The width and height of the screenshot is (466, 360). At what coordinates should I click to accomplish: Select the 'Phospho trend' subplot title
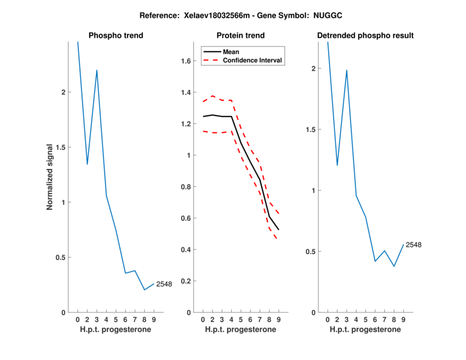115,36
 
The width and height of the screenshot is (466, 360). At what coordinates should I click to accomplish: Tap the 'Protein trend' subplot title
240,36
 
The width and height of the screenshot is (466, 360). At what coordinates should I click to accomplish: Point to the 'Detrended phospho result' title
365,36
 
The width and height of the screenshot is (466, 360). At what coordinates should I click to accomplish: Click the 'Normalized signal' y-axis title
50,177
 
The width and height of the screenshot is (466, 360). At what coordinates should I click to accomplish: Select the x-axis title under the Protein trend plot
240,329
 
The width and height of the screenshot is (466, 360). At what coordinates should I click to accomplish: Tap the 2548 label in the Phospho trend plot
164,284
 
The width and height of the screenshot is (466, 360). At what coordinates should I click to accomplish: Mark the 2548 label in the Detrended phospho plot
413,245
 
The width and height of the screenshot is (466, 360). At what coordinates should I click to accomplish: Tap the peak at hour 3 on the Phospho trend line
97,70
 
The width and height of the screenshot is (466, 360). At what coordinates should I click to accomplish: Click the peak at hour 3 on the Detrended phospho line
347,70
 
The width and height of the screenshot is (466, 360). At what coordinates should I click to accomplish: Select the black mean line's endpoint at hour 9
278,230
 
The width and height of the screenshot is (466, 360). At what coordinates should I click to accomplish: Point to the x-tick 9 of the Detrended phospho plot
403,320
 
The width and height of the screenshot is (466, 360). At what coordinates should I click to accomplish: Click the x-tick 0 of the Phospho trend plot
77,320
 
